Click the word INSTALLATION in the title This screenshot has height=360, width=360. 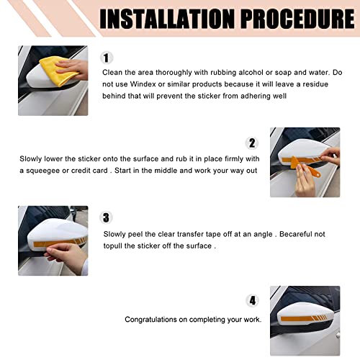[153, 19]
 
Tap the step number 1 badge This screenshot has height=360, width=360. [107, 58]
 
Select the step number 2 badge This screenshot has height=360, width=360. [252, 143]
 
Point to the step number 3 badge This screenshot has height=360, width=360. [106, 216]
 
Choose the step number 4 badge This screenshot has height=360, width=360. [252, 300]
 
